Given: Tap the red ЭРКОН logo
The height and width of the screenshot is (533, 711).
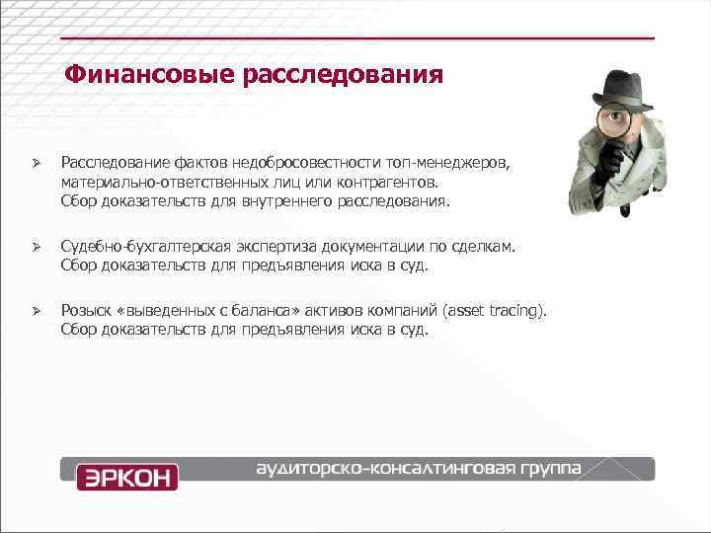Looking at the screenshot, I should (x=127, y=477).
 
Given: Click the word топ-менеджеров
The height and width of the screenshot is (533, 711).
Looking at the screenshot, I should (x=457, y=162).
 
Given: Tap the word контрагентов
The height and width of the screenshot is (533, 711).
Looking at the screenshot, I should (x=382, y=182).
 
